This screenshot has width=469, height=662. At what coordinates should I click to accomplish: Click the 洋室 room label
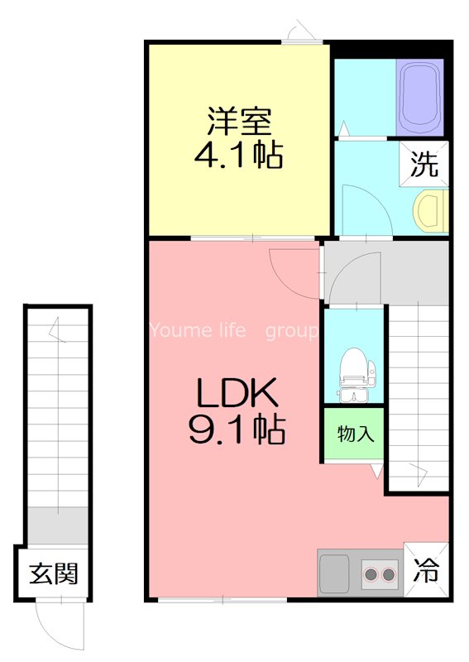coord(239,122)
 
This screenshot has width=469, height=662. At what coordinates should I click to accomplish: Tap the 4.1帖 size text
coord(239,155)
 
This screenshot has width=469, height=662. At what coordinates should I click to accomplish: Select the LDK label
coord(239,394)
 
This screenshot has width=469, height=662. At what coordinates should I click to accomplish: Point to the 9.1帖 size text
coord(239,429)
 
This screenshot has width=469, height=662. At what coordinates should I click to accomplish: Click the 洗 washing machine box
coord(424,165)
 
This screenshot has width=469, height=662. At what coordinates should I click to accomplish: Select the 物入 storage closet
coord(354,434)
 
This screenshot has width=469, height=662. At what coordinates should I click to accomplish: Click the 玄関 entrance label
coord(54,573)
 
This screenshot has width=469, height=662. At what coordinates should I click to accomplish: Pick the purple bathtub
coord(421,96)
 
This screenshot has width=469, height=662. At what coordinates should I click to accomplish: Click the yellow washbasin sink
coord(431,210)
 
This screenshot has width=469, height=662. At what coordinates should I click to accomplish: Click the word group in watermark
coord(291,332)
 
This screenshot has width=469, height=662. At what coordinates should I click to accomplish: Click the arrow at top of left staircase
coord(56,331)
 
